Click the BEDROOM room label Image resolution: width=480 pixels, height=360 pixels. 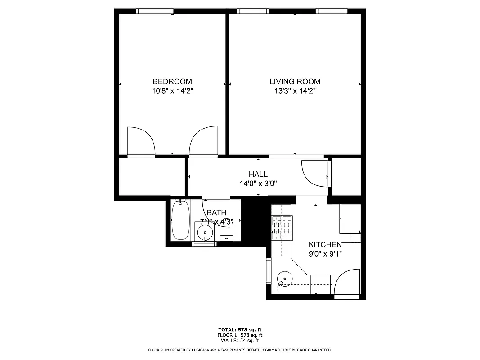click(x=172, y=81)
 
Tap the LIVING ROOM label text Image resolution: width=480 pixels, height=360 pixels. click(x=295, y=81)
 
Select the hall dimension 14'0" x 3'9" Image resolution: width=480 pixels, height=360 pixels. click(x=258, y=183)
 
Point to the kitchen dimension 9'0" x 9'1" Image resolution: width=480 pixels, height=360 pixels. click(x=325, y=253)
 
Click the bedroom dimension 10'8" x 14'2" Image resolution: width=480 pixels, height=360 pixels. click(x=172, y=91)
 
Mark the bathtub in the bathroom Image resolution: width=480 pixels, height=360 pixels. click(x=180, y=220)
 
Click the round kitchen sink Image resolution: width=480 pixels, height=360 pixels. click(x=284, y=279)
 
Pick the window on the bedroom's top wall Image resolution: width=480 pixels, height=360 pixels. click(x=155, y=11)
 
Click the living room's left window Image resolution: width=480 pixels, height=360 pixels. click(x=253, y=11)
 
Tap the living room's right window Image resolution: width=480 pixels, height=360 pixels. click(x=332, y=11)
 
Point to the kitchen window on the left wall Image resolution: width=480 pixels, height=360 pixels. click(x=269, y=271)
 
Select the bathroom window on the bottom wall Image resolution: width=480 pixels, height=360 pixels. click(x=204, y=244)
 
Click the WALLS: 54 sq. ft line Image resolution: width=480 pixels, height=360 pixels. click(x=240, y=340)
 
